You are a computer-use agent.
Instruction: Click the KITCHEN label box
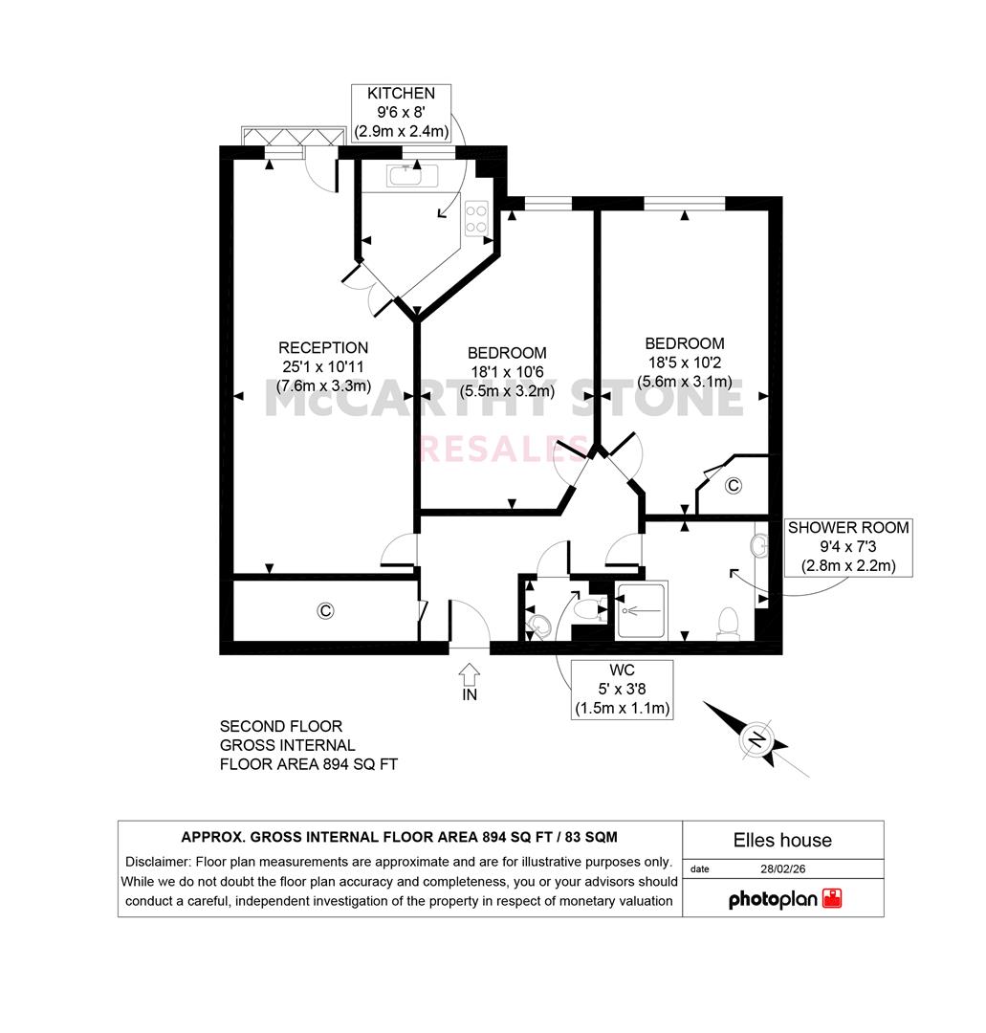tap(401, 113)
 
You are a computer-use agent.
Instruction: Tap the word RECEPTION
tap(323, 348)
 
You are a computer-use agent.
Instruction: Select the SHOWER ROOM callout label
tap(848, 547)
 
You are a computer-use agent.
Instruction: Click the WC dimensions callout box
tap(623, 689)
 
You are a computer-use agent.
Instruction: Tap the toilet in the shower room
tap(728, 624)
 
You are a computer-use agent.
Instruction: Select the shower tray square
tap(641, 610)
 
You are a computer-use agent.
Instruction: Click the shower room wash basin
tap(759, 545)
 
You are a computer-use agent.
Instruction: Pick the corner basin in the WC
tap(539, 626)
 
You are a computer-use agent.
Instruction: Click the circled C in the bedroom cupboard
tap(734, 486)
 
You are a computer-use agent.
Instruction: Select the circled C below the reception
tap(325, 610)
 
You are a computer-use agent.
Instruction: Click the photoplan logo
tap(785, 899)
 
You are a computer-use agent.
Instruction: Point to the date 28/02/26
tap(783, 868)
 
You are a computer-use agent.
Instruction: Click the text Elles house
tap(782, 840)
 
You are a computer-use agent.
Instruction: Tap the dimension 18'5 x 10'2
tap(685, 363)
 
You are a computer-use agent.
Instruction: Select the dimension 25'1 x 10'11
tap(323, 367)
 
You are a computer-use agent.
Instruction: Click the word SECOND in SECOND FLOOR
tap(248, 726)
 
